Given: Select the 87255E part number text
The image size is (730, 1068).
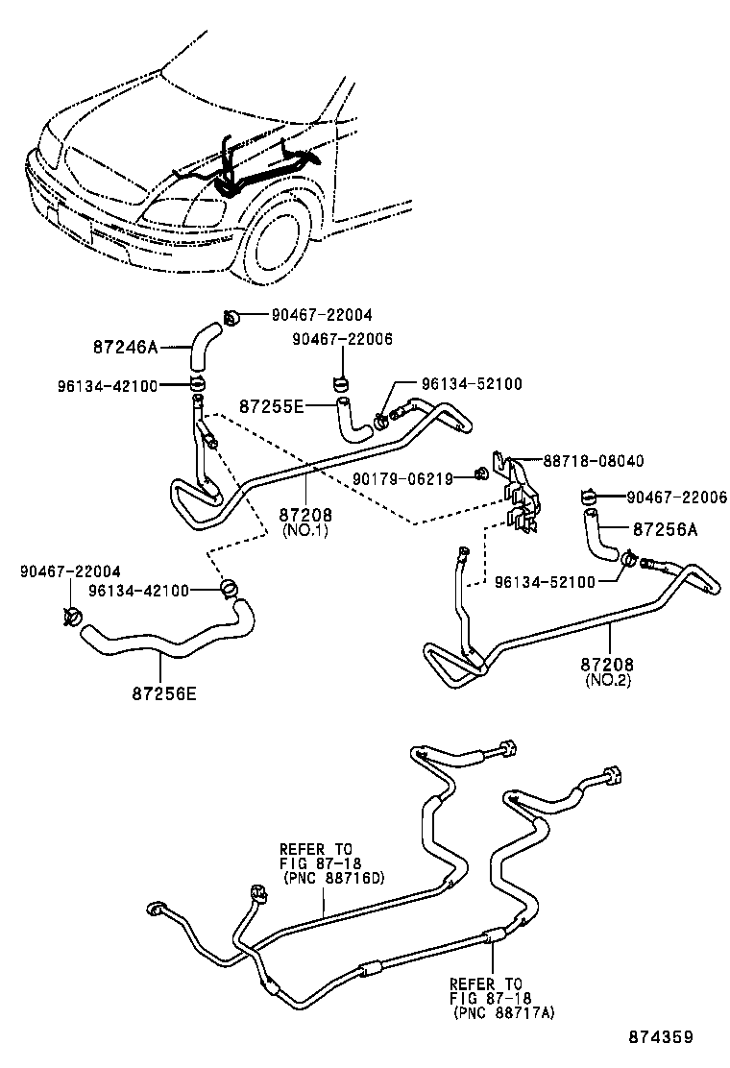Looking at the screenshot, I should (272, 406).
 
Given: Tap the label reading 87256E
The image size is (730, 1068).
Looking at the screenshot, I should (164, 692).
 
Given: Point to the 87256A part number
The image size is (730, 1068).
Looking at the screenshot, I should (665, 529).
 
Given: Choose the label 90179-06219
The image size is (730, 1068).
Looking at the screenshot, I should (402, 477).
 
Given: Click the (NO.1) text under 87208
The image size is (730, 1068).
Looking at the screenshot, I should (304, 530).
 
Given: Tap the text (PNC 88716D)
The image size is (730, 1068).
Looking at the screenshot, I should (320, 877).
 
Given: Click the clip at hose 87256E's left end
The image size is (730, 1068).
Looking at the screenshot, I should (73, 617).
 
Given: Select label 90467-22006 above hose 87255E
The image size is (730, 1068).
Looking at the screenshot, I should (343, 339).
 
